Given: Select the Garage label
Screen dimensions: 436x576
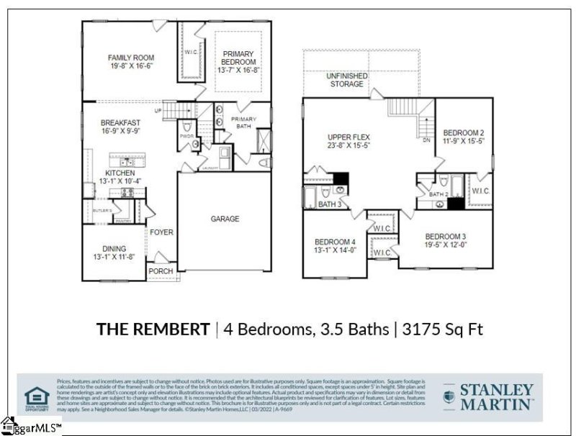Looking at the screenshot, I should [x=225, y=219].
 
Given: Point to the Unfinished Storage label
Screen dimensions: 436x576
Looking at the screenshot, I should [x=346, y=80].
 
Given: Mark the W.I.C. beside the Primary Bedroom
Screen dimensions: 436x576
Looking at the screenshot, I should [x=191, y=51].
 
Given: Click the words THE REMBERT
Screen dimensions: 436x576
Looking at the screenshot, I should [x=153, y=330].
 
